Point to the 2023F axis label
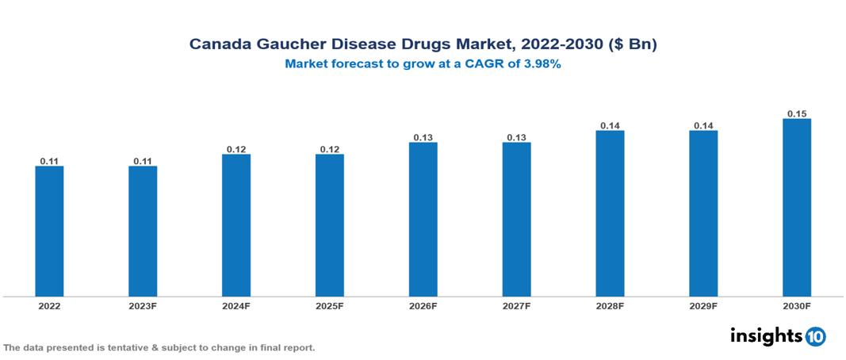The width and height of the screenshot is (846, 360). point(143,306)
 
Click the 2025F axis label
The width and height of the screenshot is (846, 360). point(330,306)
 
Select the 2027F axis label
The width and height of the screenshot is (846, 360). point(516,306)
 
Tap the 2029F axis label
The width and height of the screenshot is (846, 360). point(703,306)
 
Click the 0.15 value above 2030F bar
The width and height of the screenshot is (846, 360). point(797,113)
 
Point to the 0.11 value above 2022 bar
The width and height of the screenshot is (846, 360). point(49,161)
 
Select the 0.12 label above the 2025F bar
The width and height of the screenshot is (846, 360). point(330,149)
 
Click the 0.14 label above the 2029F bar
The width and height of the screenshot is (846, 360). point(703,125)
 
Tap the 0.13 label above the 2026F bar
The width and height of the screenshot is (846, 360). point(423,137)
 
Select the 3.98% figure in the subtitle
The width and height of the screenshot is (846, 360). point(542,65)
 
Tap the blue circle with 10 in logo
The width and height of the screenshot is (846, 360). point(816,336)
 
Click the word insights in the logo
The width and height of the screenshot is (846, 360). point(766,335)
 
